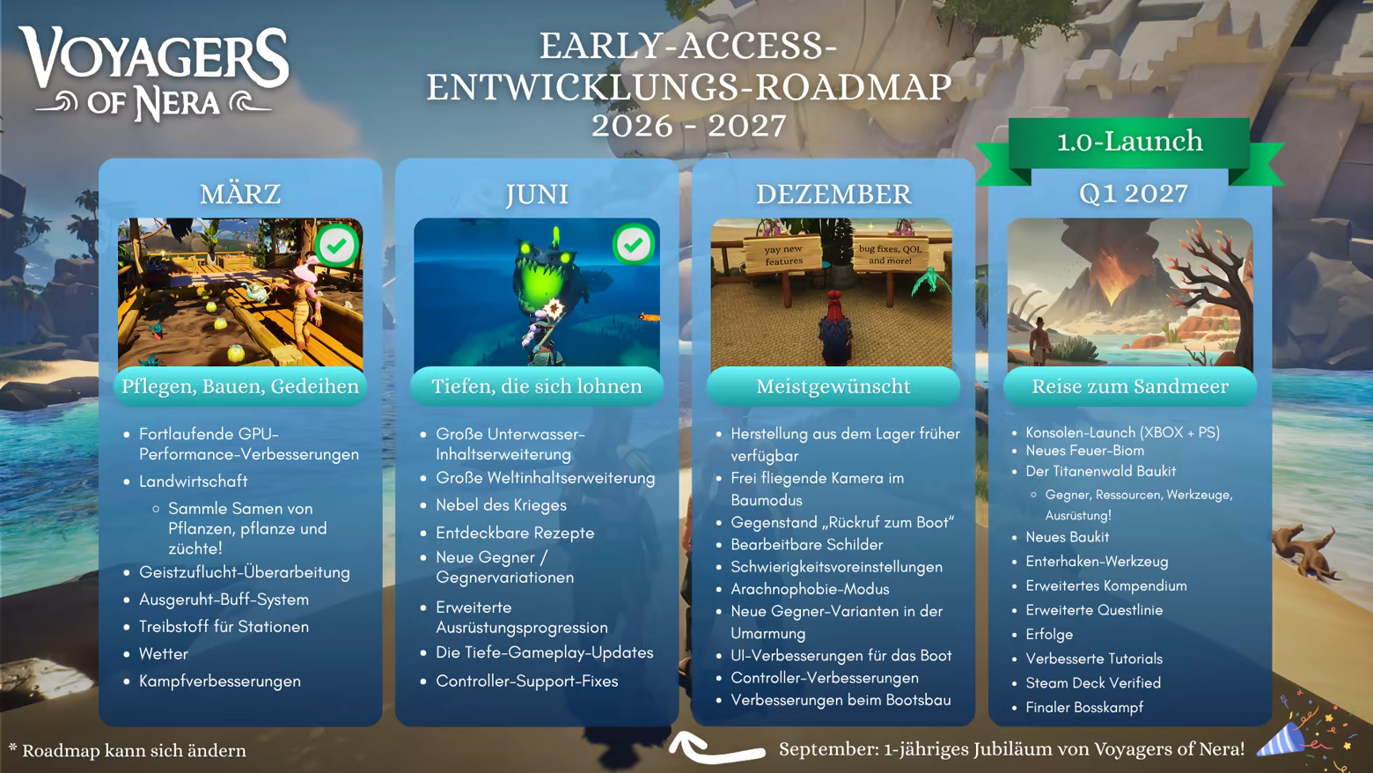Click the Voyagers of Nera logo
[x=153, y=74]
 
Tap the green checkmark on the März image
[x=336, y=246]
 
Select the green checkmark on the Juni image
[x=633, y=245]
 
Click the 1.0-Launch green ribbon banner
[x=1130, y=149]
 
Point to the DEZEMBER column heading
[x=833, y=195]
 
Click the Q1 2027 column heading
[x=1133, y=194]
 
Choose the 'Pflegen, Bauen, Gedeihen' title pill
[x=240, y=386]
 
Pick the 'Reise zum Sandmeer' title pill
[x=1130, y=386]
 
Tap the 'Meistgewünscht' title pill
[x=833, y=386]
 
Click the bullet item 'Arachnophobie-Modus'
[x=810, y=589]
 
